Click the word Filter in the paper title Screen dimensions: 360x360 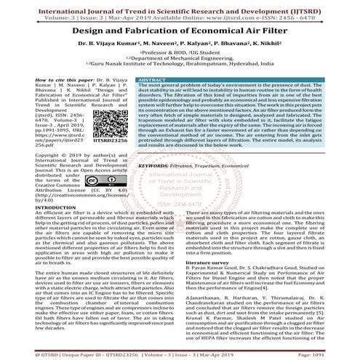268,32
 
